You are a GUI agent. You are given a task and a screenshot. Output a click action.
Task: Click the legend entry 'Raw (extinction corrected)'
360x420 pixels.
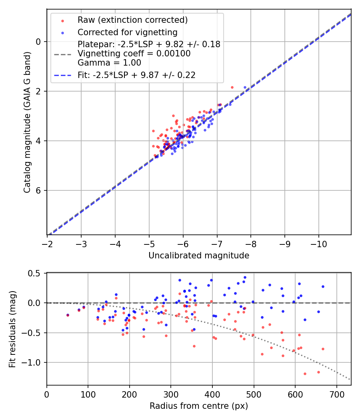[x=132, y=20]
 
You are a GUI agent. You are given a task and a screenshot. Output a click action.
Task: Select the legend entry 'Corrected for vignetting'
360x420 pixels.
[x=127, y=32]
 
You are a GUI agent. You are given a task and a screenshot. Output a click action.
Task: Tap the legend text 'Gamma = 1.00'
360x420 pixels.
[x=109, y=62]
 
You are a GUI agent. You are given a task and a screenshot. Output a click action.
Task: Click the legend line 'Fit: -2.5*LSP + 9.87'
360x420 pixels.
[x=136, y=75]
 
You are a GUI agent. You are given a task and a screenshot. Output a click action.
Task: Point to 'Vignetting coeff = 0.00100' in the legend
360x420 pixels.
[x=134, y=54]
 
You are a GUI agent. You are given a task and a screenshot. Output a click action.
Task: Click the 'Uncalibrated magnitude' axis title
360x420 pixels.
[x=199, y=256]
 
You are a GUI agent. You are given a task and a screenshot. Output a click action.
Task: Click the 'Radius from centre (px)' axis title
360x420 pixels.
[x=199, y=406]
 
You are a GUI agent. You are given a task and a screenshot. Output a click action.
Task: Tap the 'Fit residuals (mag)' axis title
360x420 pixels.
[x=12, y=329]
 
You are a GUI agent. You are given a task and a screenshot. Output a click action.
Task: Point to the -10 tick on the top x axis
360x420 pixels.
[x=318, y=243]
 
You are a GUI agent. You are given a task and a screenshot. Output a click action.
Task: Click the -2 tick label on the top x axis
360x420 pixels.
[x=47, y=243]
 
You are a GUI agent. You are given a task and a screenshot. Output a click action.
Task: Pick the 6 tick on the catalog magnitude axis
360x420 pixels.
[x=38, y=190]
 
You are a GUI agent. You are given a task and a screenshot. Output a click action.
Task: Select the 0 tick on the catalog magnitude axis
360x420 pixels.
[x=38, y=42]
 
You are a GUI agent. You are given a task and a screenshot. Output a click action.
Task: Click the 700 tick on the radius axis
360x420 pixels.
[x=336, y=394]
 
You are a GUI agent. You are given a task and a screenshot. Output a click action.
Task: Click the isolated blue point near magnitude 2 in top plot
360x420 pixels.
[x=245, y=87]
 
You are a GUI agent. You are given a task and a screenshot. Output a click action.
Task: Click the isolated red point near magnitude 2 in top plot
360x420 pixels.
[x=232, y=87]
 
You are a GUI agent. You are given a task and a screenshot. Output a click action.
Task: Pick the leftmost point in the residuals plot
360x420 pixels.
[x=68, y=315]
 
